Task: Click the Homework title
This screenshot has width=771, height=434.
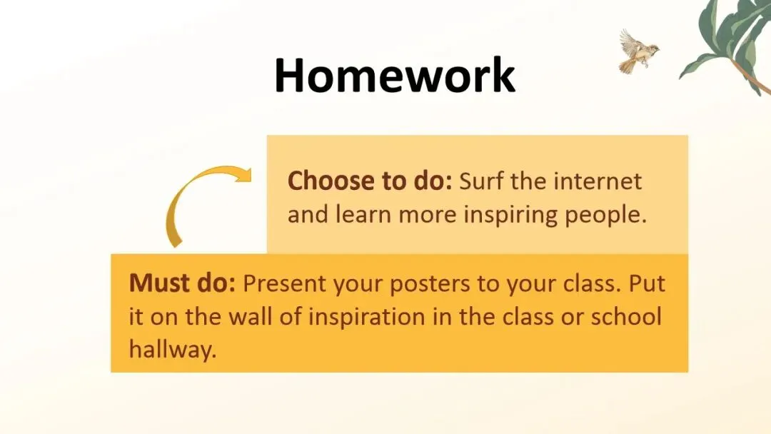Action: tap(394, 75)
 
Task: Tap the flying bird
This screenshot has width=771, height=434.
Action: tap(638, 51)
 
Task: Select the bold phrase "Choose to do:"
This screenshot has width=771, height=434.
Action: tap(369, 181)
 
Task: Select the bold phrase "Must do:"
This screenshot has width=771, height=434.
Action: tap(182, 283)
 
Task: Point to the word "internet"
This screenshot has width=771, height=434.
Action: tap(598, 181)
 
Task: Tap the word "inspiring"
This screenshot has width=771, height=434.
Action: tap(510, 216)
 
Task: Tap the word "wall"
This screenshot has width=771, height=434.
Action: tap(250, 316)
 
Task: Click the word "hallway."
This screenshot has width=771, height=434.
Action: tap(173, 350)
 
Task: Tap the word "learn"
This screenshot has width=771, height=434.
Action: tap(363, 215)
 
